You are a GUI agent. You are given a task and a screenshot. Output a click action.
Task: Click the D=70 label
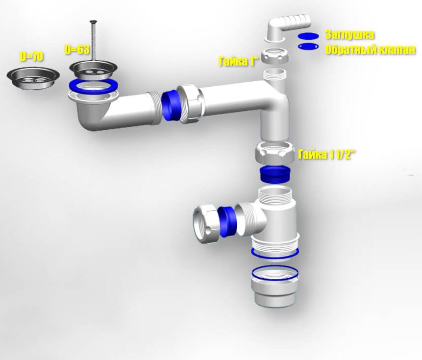coord(31,56)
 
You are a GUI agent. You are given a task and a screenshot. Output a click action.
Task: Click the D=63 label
coord(77,49)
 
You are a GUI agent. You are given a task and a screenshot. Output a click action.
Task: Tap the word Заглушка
coord(349,35)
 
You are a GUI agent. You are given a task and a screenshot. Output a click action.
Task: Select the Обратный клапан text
coord(370,50)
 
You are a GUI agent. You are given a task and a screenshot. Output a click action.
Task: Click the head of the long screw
coord(94,22)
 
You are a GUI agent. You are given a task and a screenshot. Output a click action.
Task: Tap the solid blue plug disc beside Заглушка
coord(308,36)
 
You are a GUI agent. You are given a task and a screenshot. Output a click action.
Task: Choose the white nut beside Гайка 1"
coord(275,56)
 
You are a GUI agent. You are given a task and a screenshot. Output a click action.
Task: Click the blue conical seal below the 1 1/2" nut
coord(274,174)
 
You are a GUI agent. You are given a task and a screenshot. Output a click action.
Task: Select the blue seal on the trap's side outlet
coord(226,221)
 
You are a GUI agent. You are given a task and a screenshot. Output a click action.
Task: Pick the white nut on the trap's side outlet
coord(205,224)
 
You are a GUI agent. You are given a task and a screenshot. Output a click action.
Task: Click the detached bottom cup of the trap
coord(274,287)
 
